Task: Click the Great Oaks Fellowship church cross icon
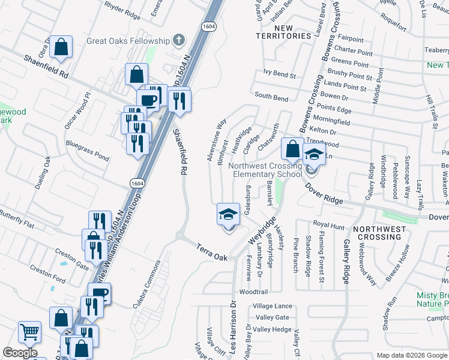(x=178, y=40)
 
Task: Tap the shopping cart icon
(x=29, y=331)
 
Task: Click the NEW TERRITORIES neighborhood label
(x=283, y=32)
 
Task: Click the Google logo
(x=20, y=353)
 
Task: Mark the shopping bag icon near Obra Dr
(x=61, y=47)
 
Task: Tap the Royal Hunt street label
(x=329, y=225)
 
